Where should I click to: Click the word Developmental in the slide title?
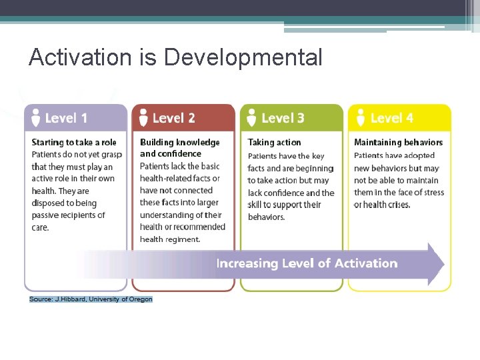pyautogui.click(x=243, y=58)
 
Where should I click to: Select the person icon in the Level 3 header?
pyautogui.click(x=251, y=117)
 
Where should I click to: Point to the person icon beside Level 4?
pyautogui.click(x=359, y=117)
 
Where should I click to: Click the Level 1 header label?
pyautogui.click(x=66, y=118)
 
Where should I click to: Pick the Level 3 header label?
pyautogui.click(x=283, y=118)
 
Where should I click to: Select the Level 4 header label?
pyautogui.click(x=391, y=118)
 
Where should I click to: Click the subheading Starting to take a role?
pyautogui.click(x=73, y=143)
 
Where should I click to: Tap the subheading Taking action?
pyautogui.click(x=274, y=143)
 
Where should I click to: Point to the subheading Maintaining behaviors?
pyautogui.click(x=398, y=143)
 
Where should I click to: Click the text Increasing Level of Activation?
pyautogui.click(x=307, y=263)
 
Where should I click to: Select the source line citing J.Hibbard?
pyautogui.click(x=91, y=299)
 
